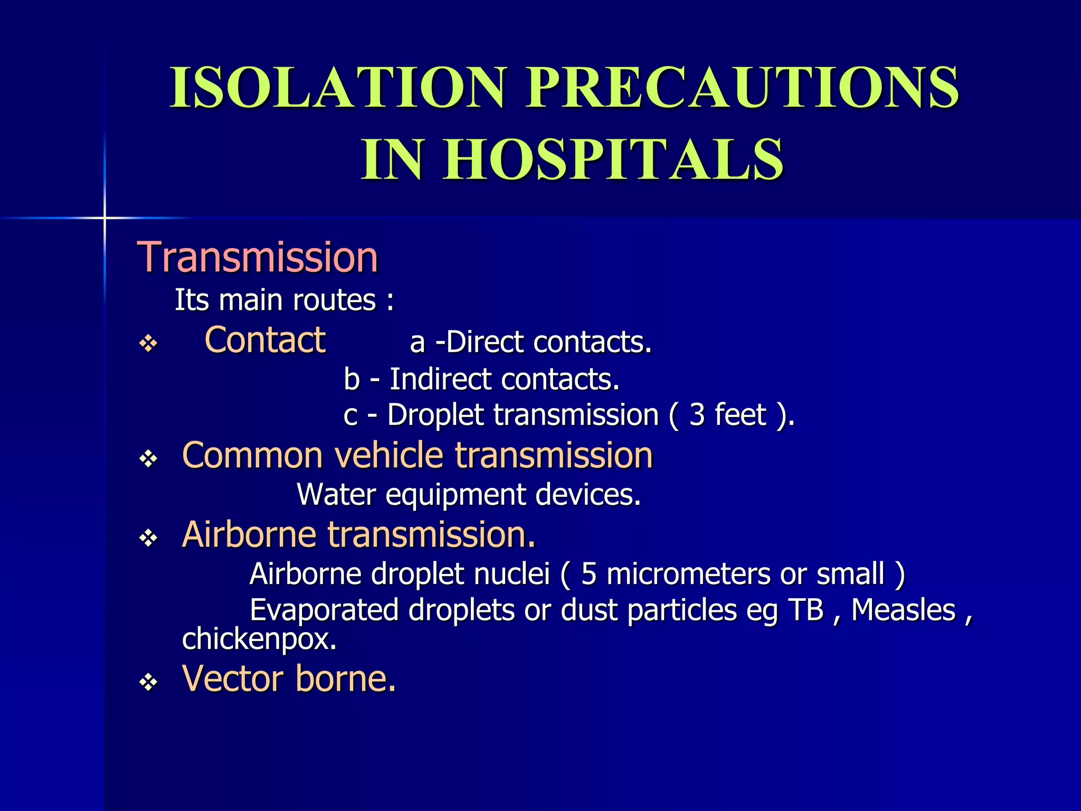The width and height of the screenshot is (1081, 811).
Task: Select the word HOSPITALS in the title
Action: [613, 159]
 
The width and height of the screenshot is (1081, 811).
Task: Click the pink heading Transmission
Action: [258, 258]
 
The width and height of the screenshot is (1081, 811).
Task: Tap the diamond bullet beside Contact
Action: [149, 344]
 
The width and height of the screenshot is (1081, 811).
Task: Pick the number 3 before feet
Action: [697, 415]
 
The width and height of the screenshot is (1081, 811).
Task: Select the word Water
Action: [336, 495]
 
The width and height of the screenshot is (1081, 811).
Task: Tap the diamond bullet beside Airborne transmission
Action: [149, 538]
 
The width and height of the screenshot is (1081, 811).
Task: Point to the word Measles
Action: [903, 610]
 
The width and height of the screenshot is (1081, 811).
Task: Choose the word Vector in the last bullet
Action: [233, 678]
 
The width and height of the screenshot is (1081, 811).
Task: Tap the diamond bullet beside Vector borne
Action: [149, 683]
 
